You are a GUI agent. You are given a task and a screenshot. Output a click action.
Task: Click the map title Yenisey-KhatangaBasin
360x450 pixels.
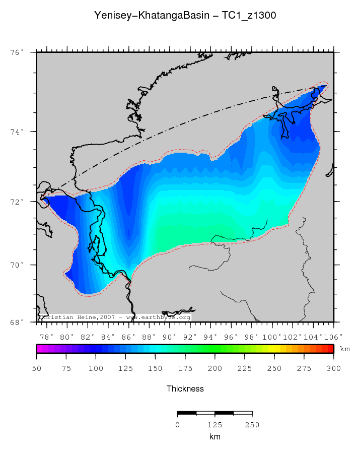(x=151, y=16)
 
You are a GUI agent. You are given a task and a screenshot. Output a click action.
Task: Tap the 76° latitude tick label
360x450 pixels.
(x=18, y=52)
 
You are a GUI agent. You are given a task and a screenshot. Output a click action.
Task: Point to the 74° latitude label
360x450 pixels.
(x=18, y=132)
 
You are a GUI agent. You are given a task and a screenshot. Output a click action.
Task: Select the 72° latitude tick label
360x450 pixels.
(x=18, y=202)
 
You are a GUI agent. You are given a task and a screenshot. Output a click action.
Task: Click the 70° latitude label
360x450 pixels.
(x=18, y=265)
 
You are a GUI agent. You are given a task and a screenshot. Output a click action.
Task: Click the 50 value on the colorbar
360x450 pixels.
(x=36, y=368)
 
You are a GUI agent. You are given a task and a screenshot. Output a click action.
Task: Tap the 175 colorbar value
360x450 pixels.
(x=185, y=368)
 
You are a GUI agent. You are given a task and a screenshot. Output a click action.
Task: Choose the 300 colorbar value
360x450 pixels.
(x=333, y=368)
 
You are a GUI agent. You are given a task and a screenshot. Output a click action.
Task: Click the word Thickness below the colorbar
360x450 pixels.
(x=185, y=389)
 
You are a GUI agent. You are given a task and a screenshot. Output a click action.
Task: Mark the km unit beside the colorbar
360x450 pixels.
(x=345, y=349)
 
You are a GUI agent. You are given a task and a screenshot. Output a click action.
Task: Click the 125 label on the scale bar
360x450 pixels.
(x=214, y=425)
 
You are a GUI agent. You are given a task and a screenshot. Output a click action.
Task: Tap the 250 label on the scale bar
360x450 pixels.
(x=252, y=425)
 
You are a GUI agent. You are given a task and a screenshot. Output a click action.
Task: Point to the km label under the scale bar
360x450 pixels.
(x=214, y=436)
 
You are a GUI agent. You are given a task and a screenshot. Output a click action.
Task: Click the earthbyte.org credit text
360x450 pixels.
(x=161, y=317)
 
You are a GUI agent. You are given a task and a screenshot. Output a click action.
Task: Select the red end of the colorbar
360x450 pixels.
(x=330, y=349)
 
